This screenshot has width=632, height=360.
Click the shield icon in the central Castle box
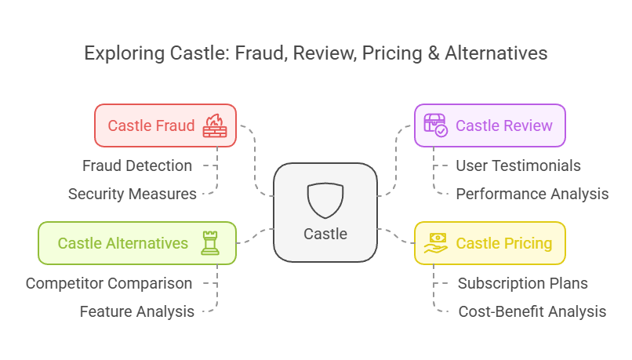325,201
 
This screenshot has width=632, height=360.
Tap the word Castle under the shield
325,234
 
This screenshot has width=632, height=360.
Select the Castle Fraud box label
151,125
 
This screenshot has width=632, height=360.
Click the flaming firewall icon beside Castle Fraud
214,125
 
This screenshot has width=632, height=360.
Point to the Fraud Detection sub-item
137,165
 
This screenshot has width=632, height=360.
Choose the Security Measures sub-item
132,194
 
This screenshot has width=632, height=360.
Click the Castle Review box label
503,125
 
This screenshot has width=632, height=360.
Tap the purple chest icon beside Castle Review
435,125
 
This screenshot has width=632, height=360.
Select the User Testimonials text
518,165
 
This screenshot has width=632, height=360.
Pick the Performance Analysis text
532,194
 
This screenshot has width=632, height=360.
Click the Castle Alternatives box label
123,243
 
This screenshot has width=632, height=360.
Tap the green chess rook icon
209,243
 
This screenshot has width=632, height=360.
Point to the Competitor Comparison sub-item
109,283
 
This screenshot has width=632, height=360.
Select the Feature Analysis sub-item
137,311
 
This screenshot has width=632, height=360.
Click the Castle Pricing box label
503,243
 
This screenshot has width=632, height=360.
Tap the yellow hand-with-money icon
435,243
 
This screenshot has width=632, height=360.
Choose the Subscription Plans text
523,283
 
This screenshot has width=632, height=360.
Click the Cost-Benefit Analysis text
532,311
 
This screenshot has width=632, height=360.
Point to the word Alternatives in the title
497,54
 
